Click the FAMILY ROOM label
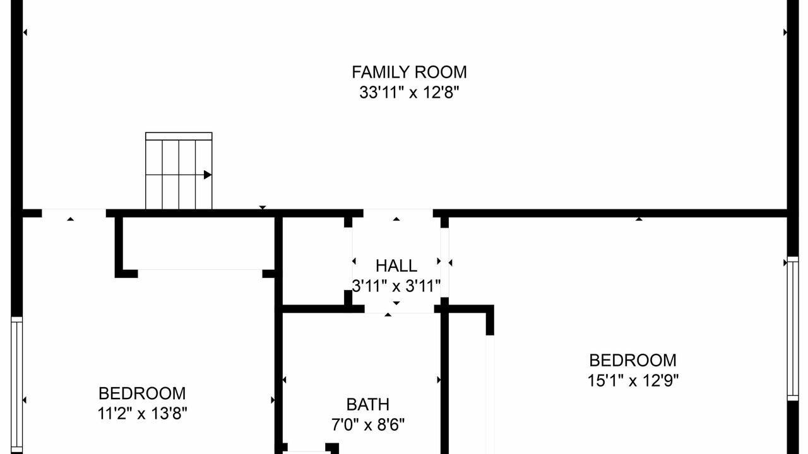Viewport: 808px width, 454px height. pos(409,72)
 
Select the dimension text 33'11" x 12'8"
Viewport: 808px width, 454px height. pos(409,93)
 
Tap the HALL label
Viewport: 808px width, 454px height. pos(396,266)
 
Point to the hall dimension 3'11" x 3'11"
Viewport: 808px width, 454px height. pos(396,286)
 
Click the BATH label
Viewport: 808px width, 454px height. pos(368,404)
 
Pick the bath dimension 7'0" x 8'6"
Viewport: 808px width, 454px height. pos(368,425)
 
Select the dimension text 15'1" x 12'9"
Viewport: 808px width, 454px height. pos(633,380)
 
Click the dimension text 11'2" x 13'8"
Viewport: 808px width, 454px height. pos(143,413)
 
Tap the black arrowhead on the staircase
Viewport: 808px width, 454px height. pos(208,175)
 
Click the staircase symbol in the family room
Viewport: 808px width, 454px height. pos(179,171)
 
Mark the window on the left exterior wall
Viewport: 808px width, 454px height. pos(16,385)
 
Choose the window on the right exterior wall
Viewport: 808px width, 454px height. pos(792,329)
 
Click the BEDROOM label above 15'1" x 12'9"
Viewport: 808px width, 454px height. pos(633,360)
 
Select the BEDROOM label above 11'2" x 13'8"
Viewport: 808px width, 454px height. pos(143,393)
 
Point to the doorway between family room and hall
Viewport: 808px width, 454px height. pos(398,213)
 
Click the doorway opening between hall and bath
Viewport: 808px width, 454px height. pos(400,309)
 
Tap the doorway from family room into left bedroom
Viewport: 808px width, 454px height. pos(74,213)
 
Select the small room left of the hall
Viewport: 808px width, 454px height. pos(314,261)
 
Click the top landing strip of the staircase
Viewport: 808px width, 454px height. pos(179,136)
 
